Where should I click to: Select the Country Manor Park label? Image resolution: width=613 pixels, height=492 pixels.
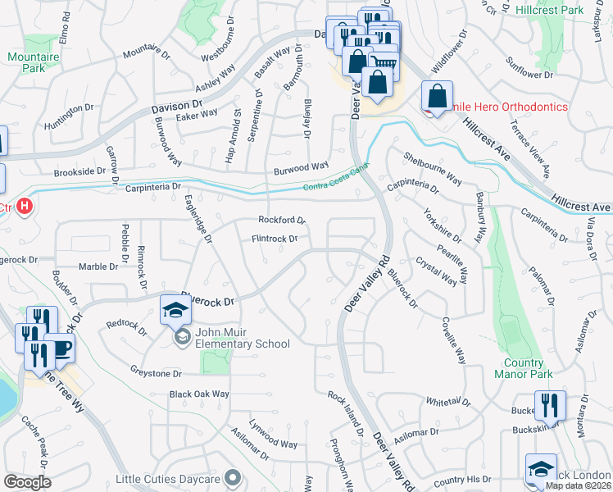coord(519,368)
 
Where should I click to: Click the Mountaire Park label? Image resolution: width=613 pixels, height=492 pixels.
coord(26,62)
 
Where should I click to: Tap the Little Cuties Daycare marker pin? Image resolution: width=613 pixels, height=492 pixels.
coord(234,477)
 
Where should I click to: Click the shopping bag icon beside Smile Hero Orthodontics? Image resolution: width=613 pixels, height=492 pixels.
coord(438,96)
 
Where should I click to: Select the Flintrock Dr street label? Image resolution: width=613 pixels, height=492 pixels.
coord(274,239)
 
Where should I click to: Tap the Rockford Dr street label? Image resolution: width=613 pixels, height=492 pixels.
coord(281,220)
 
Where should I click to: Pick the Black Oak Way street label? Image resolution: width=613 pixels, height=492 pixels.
coord(199,394)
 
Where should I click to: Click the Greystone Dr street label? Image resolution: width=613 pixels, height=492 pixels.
coord(155,372)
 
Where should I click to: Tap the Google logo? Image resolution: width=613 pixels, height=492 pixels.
coord(27,482)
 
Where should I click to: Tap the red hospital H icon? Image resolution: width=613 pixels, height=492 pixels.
coord(25,206)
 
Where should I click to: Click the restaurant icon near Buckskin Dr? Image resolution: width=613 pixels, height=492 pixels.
coord(550,406)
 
